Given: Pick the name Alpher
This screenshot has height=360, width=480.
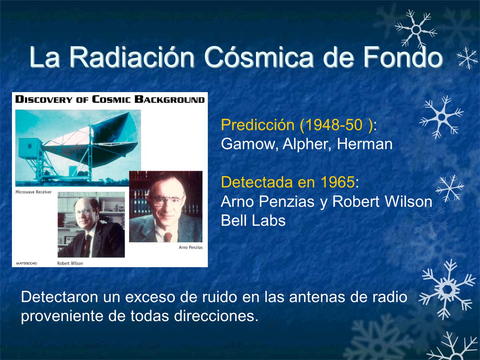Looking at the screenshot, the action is click(307, 144).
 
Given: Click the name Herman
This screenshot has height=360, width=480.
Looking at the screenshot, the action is click(365, 144).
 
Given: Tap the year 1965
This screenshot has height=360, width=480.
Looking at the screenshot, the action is click(338, 182).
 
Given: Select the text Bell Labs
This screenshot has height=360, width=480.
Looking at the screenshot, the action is click(253, 220).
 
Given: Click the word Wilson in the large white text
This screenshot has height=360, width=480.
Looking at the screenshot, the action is click(409, 201).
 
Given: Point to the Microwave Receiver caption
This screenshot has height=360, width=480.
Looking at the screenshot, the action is click(33, 192).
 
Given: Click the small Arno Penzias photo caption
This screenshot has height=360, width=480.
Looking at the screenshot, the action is click(191, 247).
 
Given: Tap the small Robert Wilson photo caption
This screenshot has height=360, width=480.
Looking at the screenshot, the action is click(70, 263).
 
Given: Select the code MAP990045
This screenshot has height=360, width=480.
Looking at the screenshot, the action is click(27, 264).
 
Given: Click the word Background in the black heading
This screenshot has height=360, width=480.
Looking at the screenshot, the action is click(169, 99).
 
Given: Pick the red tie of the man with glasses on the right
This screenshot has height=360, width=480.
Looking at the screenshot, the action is click(168, 237).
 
